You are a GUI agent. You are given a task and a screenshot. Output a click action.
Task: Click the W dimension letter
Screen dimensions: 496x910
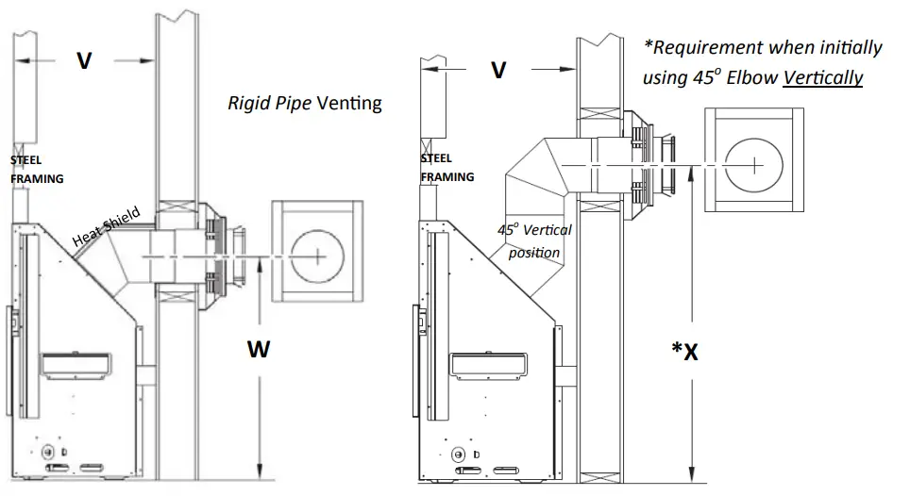pyautogui.click(x=259, y=350)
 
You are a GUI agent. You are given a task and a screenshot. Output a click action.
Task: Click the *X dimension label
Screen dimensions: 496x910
pyautogui.click(x=684, y=351)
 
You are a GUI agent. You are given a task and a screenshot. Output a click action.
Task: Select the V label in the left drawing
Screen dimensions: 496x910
pyautogui.click(x=84, y=61)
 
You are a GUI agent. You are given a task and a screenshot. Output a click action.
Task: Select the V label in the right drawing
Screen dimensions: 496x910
pyautogui.click(x=498, y=71)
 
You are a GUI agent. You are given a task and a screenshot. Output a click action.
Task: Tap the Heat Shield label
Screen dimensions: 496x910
pyautogui.click(x=106, y=227)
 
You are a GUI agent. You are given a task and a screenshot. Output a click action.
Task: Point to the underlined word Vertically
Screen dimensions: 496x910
pyautogui.click(x=825, y=77)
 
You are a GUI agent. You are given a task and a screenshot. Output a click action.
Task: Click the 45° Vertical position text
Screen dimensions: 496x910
pyautogui.click(x=534, y=240)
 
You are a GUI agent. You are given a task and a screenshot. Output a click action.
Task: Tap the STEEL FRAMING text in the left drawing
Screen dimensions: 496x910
pyautogui.click(x=37, y=169)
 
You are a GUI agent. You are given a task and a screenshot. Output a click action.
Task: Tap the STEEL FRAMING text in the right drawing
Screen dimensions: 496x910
pyautogui.click(x=447, y=168)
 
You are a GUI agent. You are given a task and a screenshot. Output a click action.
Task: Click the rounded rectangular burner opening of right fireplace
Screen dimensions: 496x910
pyautogui.click(x=488, y=363)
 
